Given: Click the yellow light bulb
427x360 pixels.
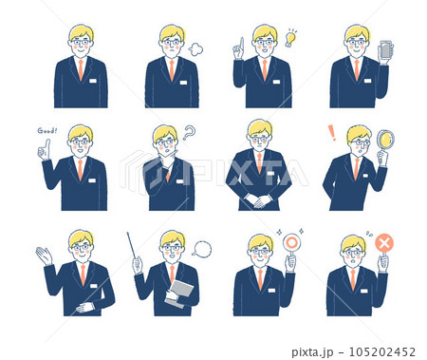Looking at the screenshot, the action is click(x=290, y=38).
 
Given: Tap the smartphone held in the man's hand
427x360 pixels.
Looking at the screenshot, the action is click(x=385, y=49).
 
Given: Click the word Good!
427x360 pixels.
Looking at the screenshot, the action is click(x=47, y=130).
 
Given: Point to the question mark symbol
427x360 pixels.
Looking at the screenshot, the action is click(x=189, y=133).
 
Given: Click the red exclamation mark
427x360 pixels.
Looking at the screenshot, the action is click(x=332, y=133).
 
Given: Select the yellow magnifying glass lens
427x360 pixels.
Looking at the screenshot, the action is click(x=386, y=140).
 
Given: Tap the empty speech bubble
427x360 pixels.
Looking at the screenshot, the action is click(x=202, y=249).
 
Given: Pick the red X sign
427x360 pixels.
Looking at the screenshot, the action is click(x=384, y=243).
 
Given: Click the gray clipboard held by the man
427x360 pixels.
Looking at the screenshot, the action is click(x=181, y=293).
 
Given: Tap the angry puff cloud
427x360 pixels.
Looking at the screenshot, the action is click(x=195, y=49).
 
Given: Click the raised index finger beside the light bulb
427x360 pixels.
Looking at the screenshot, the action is click(x=241, y=44).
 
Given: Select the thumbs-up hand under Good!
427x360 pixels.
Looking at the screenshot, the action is click(x=44, y=150).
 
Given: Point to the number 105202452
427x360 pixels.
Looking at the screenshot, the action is click(x=381, y=352).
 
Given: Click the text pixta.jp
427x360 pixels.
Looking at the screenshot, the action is click(x=312, y=352).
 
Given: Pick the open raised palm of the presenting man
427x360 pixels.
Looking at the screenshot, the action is click(x=44, y=256).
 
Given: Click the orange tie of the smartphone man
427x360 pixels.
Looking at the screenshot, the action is click(x=357, y=70).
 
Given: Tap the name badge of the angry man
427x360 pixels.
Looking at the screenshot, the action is click(x=183, y=83).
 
